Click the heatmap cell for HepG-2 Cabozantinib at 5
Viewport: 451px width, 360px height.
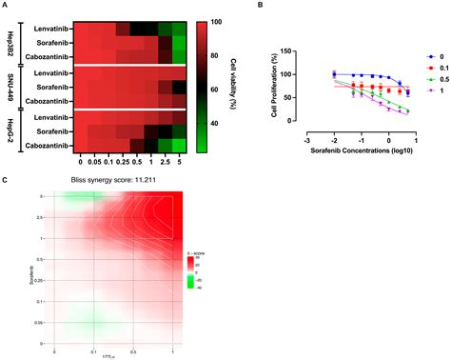coord(179,144)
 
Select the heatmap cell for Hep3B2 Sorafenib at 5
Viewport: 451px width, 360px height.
coord(179,43)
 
